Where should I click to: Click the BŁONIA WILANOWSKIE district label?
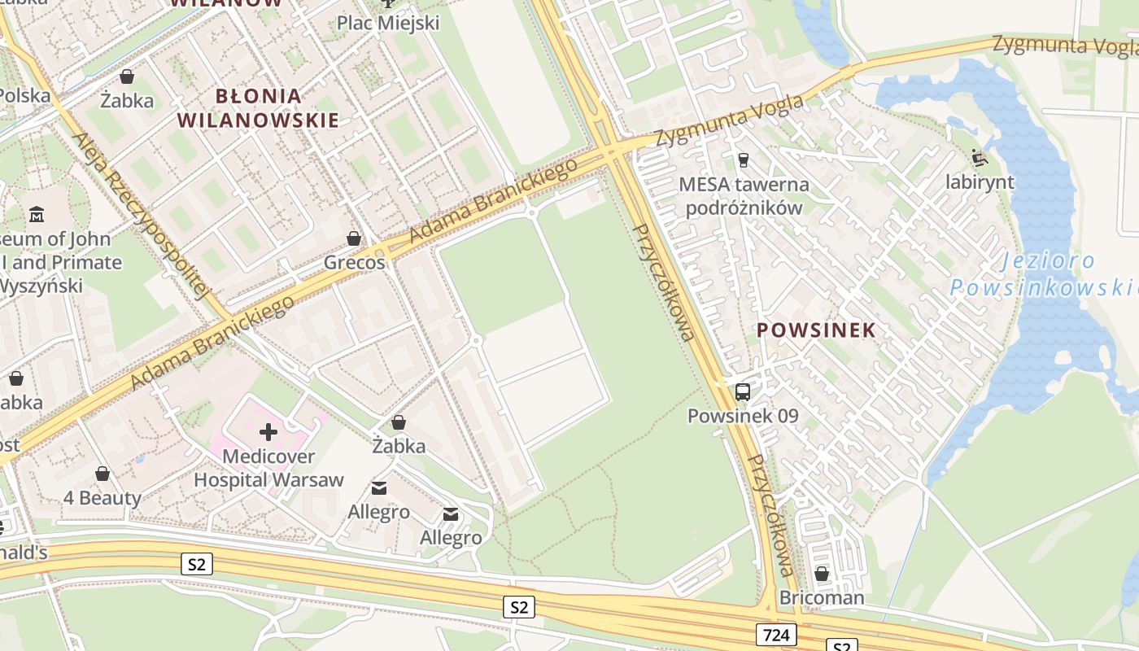[x=257, y=108]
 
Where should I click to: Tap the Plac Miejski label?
[x=388, y=23]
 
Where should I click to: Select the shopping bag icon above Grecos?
[x=354, y=238]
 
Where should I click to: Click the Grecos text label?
[x=354, y=263]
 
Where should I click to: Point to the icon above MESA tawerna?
[x=742, y=160]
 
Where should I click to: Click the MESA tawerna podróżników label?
[x=744, y=196]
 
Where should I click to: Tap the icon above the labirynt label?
[x=980, y=158]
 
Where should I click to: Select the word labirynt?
[x=980, y=182]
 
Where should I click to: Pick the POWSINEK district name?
[x=816, y=330]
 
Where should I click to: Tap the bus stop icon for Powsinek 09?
[x=742, y=392]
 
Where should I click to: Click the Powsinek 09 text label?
[x=742, y=417]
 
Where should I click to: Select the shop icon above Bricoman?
[x=822, y=575]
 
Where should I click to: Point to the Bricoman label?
[x=822, y=598]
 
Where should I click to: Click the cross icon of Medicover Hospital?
[x=268, y=432]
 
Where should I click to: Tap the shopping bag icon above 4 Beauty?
[x=103, y=474]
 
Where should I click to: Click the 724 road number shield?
[x=775, y=635]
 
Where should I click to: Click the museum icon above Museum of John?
[x=37, y=216]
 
